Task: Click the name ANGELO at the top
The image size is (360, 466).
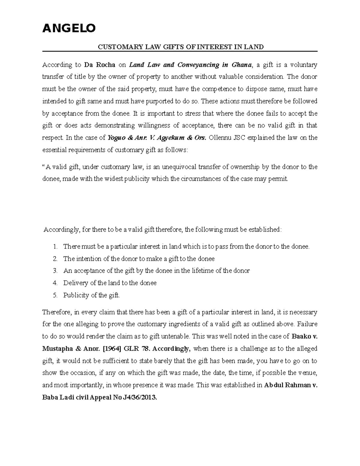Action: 69,28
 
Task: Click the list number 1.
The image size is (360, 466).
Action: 55,247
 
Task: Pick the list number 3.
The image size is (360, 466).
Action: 55,271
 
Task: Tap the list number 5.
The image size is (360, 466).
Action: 55,295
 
